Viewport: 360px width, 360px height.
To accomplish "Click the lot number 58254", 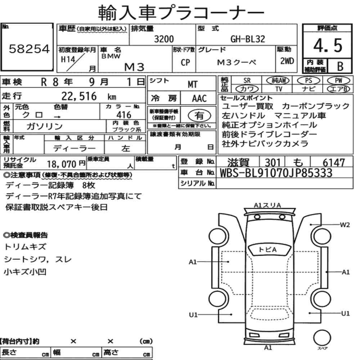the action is click(x=29, y=49).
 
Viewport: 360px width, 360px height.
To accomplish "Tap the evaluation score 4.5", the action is click(x=328, y=45).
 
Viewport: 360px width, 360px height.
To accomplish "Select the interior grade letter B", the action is click(x=340, y=66).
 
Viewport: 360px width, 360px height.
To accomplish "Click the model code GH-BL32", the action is click(x=248, y=39).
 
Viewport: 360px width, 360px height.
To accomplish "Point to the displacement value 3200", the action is click(x=164, y=39).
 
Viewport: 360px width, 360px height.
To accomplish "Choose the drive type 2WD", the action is click(x=287, y=61).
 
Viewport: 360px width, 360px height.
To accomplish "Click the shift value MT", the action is click(x=192, y=85).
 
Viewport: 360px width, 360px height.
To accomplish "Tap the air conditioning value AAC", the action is click(x=199, y=99).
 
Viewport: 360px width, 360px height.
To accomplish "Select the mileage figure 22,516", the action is click(x=79, y=96).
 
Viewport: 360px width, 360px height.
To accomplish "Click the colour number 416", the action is click(x=124, y=115).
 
